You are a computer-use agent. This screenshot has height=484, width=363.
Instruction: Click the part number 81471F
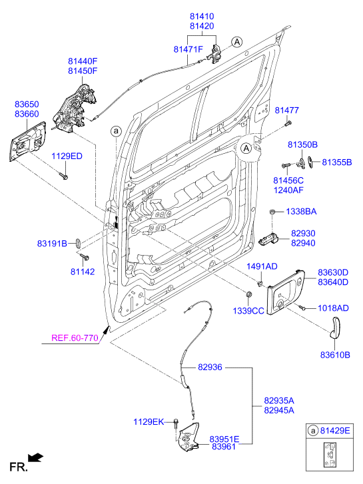click(189, 49)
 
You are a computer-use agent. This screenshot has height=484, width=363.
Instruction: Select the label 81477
click(287, 110)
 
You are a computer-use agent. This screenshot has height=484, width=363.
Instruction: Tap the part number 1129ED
click(67, 156)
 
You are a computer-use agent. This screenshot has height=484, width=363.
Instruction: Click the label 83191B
click(52, 244)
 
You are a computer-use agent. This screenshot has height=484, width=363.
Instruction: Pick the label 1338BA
click(301, 212)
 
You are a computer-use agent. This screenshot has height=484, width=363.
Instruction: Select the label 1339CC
click(246, 310)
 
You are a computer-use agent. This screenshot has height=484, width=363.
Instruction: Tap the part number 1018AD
click(333, 308)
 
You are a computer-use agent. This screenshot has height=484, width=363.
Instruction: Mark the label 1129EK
click(149, 421)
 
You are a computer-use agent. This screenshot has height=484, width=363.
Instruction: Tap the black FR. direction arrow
click(37, 457)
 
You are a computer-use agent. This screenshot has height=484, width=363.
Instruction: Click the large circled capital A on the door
click(246, 148)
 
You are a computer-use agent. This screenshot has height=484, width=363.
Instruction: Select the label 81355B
click(336, 162)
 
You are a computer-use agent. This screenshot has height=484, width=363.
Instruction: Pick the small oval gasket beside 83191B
click(77, 242)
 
